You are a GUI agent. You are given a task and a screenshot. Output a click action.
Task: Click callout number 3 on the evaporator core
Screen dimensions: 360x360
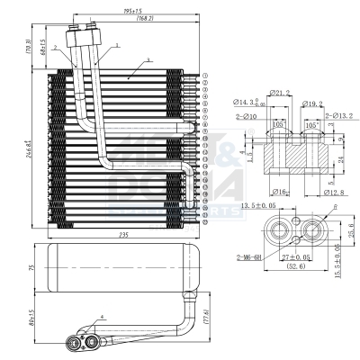tap(145, 59)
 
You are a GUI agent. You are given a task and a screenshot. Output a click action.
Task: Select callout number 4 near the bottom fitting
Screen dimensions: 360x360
tap(103, 317)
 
